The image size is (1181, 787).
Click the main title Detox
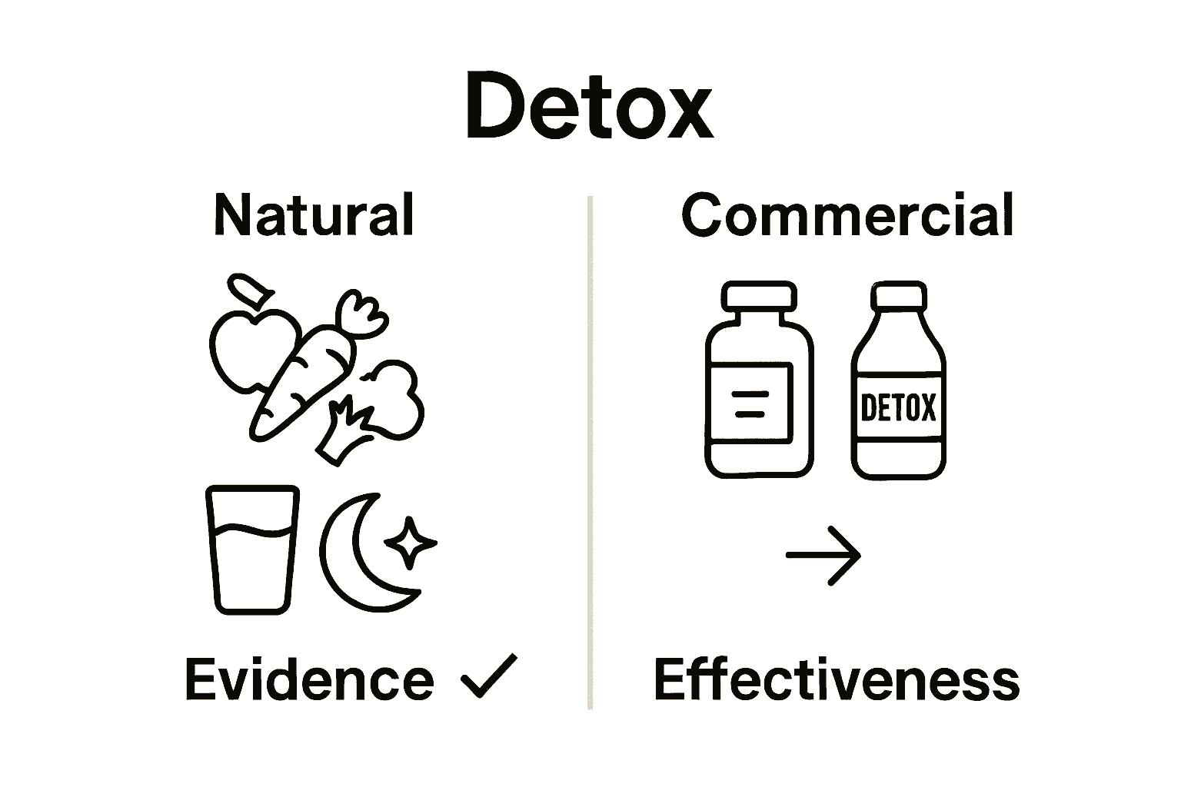[589, 107]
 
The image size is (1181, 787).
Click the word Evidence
[309, 679]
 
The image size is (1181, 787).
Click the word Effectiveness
[837, 679]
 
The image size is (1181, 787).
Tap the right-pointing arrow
[823, 555]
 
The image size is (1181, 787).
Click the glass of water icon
[252, 549]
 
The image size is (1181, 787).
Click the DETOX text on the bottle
[898, 407]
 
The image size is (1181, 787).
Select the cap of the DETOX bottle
[898, 296]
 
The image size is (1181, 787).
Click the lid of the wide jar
[759, 294]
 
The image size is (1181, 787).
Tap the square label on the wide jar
[750, 403]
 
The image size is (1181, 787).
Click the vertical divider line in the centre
[590, 453]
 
